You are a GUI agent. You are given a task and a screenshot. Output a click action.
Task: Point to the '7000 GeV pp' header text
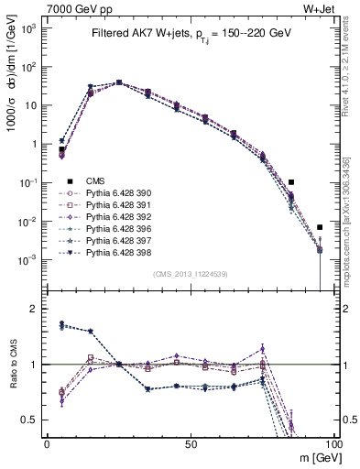[72, 8]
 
